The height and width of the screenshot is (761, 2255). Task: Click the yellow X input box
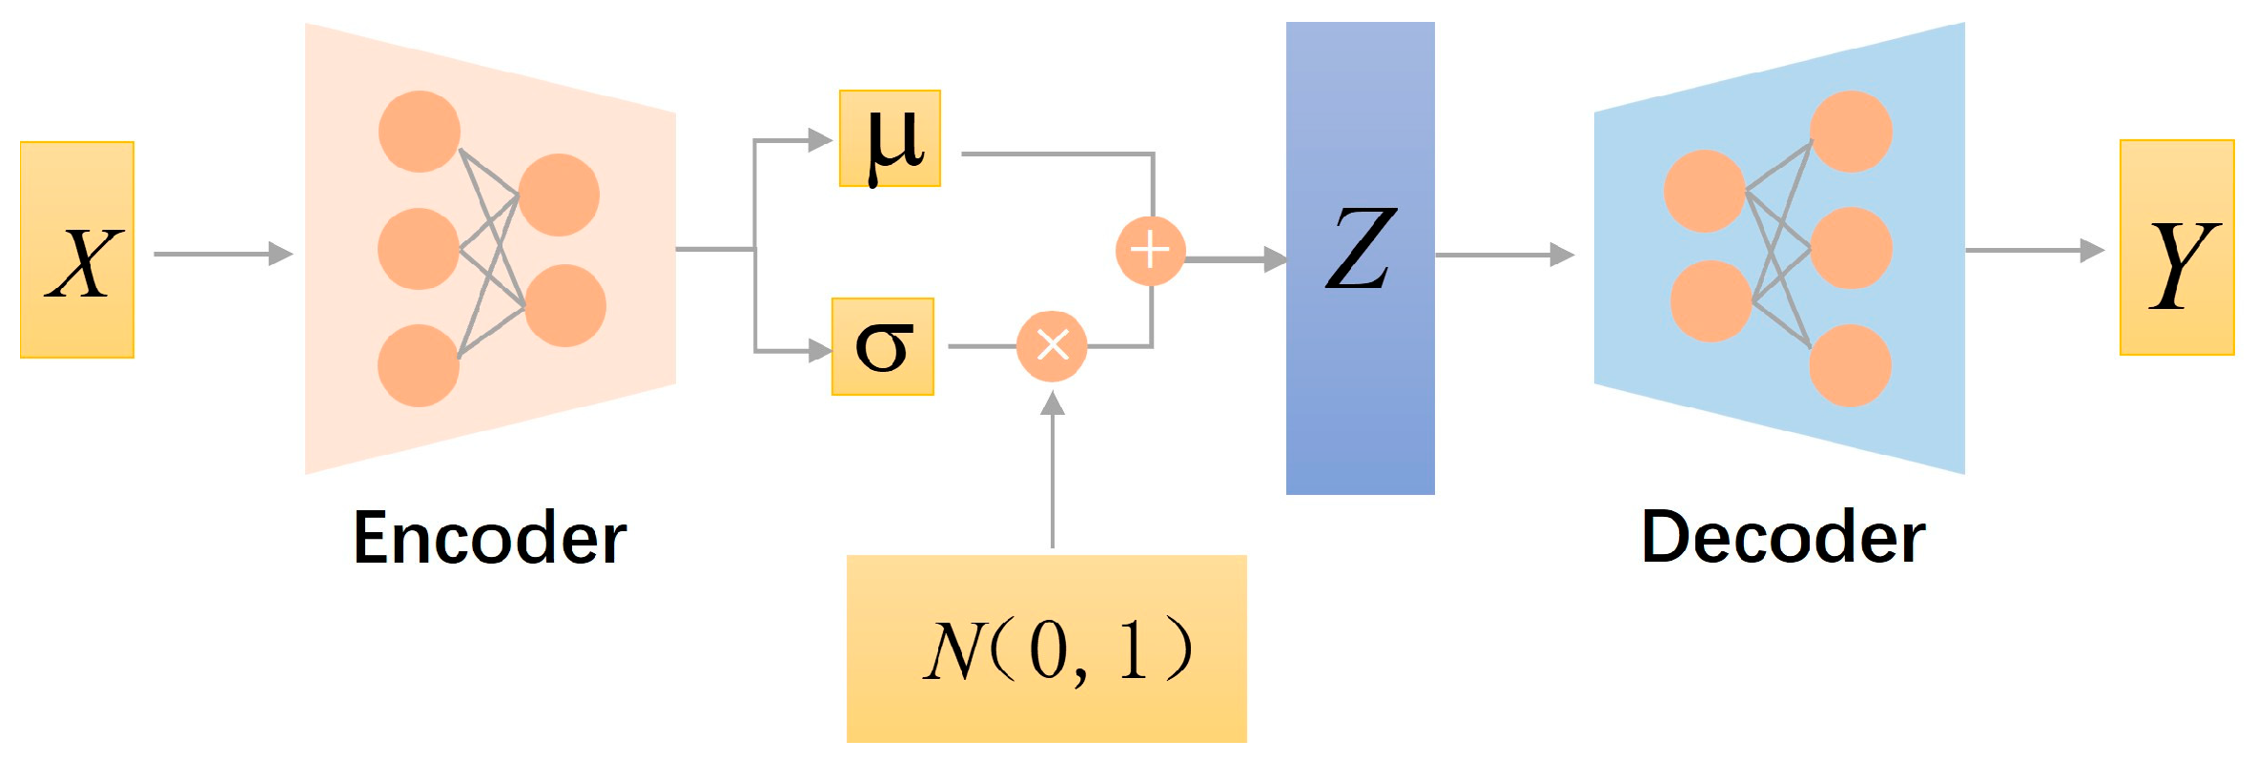click(x=77, y=250)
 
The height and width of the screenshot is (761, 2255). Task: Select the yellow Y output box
click(x=2176, y=248)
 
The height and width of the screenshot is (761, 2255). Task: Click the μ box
click(x=890, y=138)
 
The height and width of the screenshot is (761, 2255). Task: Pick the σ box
click(x=883, y=346)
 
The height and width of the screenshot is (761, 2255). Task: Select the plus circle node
click(x=1150, y=251)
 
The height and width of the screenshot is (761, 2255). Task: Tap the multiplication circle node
click(x=1052, y=345)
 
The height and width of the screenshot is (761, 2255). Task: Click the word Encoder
click(x=490, y=538)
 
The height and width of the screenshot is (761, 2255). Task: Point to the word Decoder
click(x=1783, y=538)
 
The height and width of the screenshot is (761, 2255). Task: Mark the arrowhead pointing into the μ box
click(x=819, y=140)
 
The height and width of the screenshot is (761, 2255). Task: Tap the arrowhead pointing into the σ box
click(x=819, y=351)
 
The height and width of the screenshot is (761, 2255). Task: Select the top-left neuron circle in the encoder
click(x=420, y=132)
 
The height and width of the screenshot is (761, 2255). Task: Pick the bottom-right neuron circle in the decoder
click(x=1850, y=365)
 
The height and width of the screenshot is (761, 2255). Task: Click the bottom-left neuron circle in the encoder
click(x=419, y=365)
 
